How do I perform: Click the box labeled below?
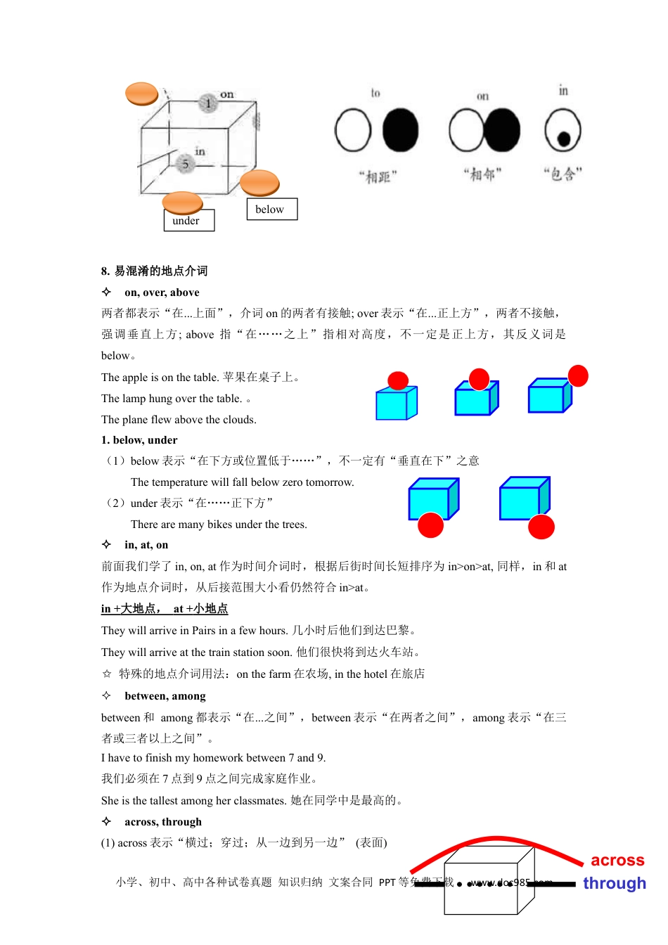pos(271,210)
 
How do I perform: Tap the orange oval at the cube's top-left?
pos(141,94)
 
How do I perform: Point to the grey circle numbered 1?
pos(208,103)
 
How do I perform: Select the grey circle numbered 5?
pos(185,164)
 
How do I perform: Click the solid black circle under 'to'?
pos(400,131)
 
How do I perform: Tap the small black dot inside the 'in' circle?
pos(563,139)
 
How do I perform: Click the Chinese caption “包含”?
pos(563,174)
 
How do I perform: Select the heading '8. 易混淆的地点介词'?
pos(154,271)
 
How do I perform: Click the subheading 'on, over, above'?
pos(162,292)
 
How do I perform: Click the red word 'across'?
pos(617,861)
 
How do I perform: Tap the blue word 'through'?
pos(614,883)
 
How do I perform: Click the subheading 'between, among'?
pos(165,696)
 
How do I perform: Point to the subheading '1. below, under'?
pos(139,440)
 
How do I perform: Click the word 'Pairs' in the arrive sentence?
pos(204,631)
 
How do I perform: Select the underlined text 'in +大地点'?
pos(131,609)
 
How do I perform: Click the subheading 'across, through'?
pos(163,822)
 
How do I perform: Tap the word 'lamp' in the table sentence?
pos(134,399)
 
